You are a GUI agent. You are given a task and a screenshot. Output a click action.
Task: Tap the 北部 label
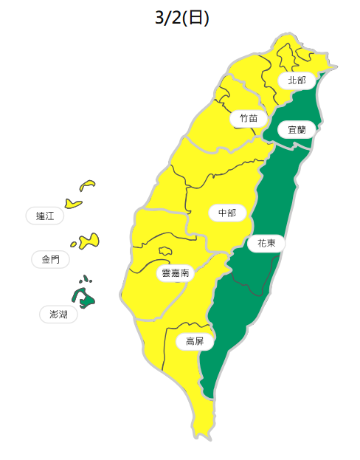pos(297,80)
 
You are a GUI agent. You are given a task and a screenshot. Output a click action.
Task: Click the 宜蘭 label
pos(297,129)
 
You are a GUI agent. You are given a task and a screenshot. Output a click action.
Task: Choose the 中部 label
pos(227,213)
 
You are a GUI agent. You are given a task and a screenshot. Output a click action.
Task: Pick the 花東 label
pos(266,243)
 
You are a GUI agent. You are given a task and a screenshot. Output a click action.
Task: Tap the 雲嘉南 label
pos(175,273)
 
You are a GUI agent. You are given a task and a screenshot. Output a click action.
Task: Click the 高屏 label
pos(195,341)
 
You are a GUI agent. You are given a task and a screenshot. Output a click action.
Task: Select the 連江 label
pos(45,216)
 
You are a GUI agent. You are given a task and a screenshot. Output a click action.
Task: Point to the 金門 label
pos(51,259)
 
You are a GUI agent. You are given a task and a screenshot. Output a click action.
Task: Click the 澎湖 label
pos(58,315)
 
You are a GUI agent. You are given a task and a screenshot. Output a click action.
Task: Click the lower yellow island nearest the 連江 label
pos(72,203)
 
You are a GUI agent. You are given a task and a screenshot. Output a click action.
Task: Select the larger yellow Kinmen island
pos(90,239)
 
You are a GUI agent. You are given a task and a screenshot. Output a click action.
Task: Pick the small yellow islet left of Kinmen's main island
pos(75,244)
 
